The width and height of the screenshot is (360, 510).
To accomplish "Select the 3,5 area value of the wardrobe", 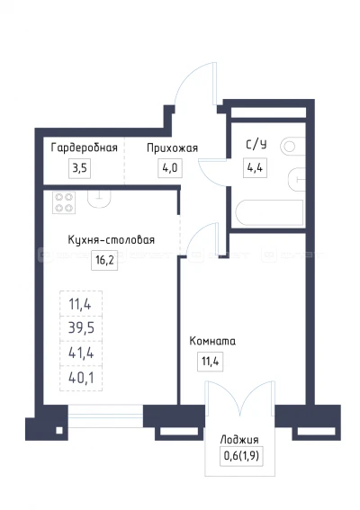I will point(79,167).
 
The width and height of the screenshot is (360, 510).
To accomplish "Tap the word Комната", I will point(212,342).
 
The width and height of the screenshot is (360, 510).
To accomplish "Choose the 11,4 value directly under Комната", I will point(209,362).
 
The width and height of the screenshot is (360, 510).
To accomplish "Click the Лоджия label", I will point(238,439).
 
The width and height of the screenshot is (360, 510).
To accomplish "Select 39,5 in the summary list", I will point(81,327).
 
